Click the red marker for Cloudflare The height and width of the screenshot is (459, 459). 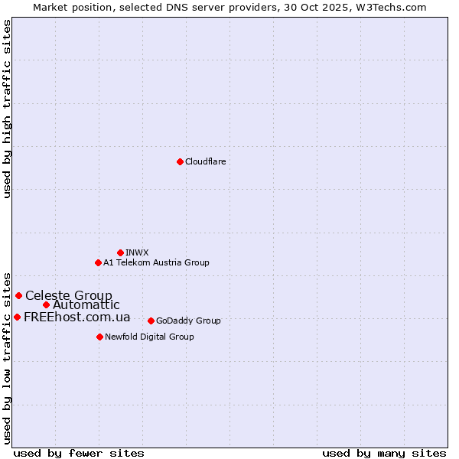point(180,161)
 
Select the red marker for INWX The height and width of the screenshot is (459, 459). point(120,252)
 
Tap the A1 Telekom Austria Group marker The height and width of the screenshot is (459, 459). point(98,262)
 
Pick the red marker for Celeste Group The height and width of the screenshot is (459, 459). point(18,295)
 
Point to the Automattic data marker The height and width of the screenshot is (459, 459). point(46,304)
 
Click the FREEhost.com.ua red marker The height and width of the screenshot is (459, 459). point(17,317)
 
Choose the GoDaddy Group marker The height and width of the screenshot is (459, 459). point(151,321)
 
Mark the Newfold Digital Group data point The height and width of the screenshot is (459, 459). point(99,337)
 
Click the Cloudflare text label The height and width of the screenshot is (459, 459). point(205,161)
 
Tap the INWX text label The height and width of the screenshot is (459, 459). point(137,252)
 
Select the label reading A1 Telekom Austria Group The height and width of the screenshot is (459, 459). point(156,262)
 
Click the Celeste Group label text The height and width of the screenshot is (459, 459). point(69,295)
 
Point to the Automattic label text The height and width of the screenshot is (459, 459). point(86,304)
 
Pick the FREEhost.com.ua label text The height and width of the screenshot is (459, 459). point(77,317)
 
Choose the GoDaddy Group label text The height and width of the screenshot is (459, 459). point(188,321)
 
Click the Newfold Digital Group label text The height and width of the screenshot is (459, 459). point(149,337)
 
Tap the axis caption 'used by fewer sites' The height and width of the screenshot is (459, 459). point(79,453)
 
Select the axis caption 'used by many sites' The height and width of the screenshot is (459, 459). point(384,453)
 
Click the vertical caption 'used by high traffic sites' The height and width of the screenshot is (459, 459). point(7,109)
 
